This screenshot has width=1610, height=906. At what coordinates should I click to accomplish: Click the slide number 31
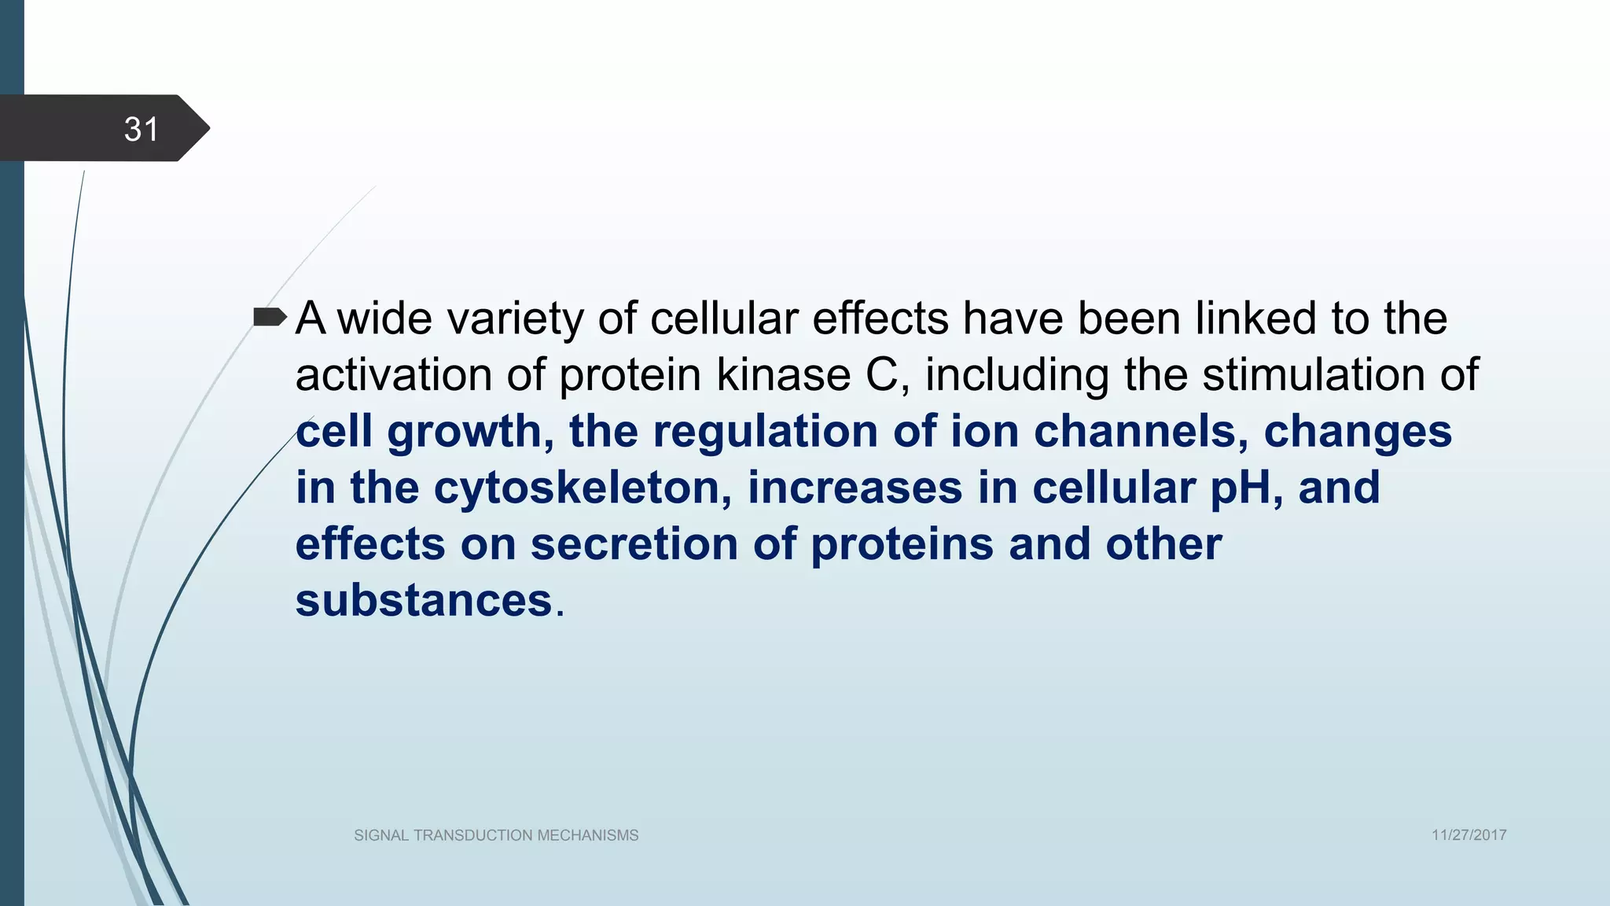(142, 129)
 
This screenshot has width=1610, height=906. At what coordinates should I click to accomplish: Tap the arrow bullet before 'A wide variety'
(270, 318)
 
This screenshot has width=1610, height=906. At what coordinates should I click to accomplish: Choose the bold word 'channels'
(1134, 432)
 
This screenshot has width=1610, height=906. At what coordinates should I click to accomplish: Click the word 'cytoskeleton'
(575, 488)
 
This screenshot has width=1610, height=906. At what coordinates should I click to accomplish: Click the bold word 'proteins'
(902, 545)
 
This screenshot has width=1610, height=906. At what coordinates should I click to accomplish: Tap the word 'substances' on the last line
(424, 601)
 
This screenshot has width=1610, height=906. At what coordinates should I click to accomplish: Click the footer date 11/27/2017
(1468, 835)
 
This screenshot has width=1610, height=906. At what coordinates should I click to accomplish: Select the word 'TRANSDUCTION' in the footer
(473, 835)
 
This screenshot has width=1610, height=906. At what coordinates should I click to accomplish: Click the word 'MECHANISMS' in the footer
(588, 835)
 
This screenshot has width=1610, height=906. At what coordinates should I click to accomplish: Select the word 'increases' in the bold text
(855, 488)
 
